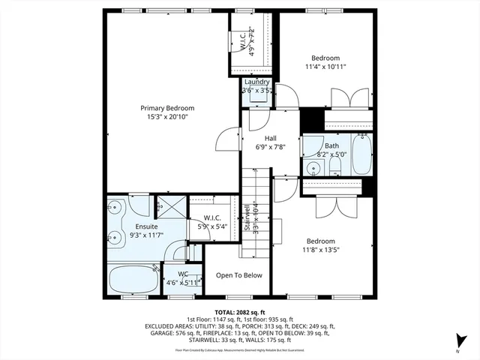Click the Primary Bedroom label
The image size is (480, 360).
tap(167, 108)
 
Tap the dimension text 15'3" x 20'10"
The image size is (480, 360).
tap(167, 117)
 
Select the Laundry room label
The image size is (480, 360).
tap(256, 82)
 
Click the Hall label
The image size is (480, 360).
tap(271, 138)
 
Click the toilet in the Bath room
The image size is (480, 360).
tap(337, 166)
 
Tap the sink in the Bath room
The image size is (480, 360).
tap(312, 167)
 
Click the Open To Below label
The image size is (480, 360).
tap(239, 275)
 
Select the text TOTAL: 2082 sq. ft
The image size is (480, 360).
tap(239, 311)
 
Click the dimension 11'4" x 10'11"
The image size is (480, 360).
tap(325, 67)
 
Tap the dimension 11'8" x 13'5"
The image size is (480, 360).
tap(322, 250)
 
